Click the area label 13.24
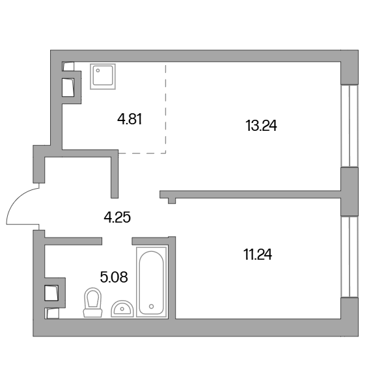pyautogui.click(x=261, y=126)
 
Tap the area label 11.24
pyautogui.click(x=258, y=254)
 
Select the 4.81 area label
pyautogui.click(x=130, y=119)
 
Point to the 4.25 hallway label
pyautogui.click(x=117, y=217)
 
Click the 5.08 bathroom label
pyautogui.click(x=114, y=277)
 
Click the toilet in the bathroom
pyautogui.click(x=92, y=303)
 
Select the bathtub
pyautogui.click(x=152, y=281)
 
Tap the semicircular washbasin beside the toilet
pyautogui.click(x=122, y=309)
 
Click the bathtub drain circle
pyautogui.click(x=152, y=307)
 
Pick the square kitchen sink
pyautogui.click(x=103, y=76)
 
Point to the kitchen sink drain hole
pyautogui.click(x=98, y=70)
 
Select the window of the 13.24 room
pyautogui.click(x=350, y=126)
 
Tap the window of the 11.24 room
pyautogui.click(x=350, y=256)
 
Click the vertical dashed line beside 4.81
pyautogui.click(x=165, y=109)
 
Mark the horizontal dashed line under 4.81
pyautogui.click(x=142, y=153)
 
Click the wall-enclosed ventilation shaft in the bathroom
pyautogui.click(x=51, y=293)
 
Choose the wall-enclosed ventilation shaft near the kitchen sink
pyautogui.click(x=68, y=88)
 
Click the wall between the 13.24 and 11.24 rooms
pyautogui.click(x=250, y=194)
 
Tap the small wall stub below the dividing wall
pyautogui.click(x=172, y=201)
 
